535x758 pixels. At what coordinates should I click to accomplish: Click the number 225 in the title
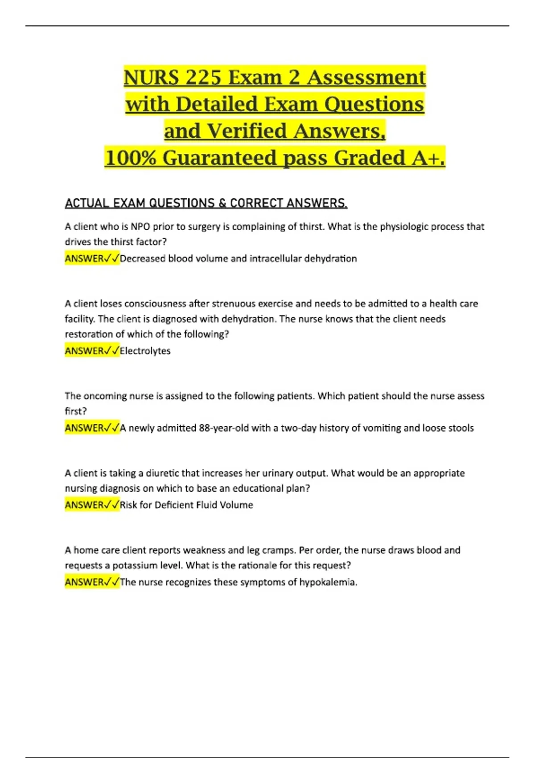(203, 78)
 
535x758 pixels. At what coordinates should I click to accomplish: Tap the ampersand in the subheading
(222, 203)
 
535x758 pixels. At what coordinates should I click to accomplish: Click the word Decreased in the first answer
(142, 259)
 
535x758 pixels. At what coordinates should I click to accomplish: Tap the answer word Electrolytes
(145, 351)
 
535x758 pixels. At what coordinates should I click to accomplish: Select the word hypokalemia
(327, 582)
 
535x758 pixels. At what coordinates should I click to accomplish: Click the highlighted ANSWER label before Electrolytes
(84, 351)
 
